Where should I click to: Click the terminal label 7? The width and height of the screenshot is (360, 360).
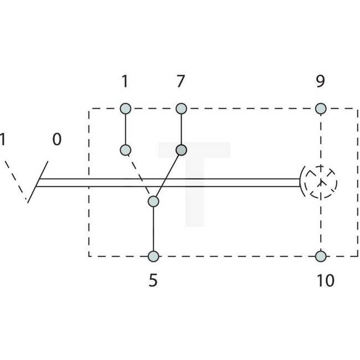pyautogui.click(x=179, y=82)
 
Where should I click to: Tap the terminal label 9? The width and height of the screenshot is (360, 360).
pyautogui.click(x=320, y=82)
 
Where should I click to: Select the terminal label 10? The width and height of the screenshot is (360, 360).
pyautogui.click(x=326, y=281)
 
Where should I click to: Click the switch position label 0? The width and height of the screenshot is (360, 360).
pyautogui.click(x=56, y=139)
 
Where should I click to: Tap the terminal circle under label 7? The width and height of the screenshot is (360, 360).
pyautogui.click(x=180, y=108)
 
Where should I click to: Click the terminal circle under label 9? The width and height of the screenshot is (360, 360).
pyautogui.click(x=320, y=108)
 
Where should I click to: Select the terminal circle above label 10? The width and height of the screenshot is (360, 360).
pyautogui.click(x=320, y=256)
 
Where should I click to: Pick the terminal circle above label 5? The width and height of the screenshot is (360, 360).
pyautogui.click(x=153, y=256)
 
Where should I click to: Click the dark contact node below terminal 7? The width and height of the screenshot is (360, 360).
pyautogui.click(x=181, y=150)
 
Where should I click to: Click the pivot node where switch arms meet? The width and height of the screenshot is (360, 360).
pyautogui.click(x=153, y=202)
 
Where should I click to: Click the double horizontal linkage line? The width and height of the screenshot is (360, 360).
pyautogui.click(x=166, y=182)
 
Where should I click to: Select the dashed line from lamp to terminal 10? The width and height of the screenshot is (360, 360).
pyautogui.click(x=320, y=227)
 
